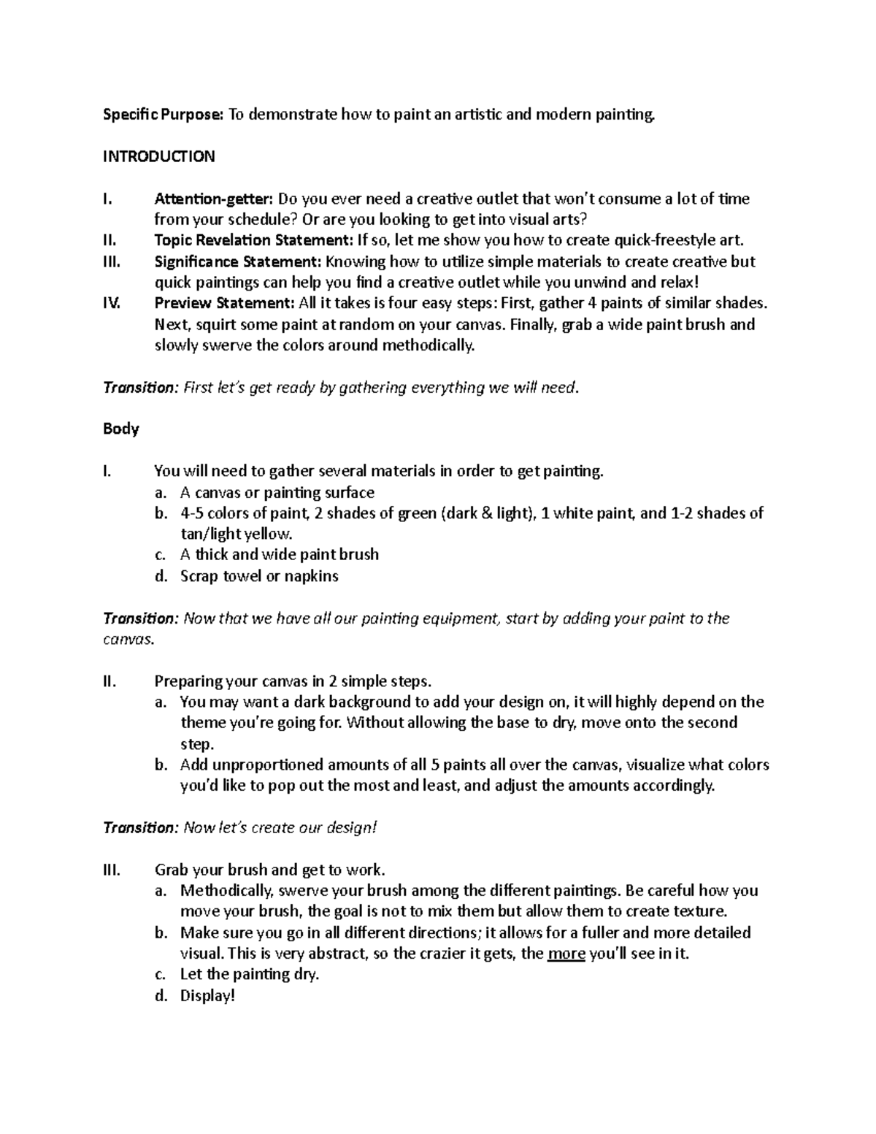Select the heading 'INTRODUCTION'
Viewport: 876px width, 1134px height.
tap(158, 156)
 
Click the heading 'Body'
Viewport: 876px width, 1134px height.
tap(120, 429)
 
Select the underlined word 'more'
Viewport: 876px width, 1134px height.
tap(566, 954)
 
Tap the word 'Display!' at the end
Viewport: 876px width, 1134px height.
tap(207, 995)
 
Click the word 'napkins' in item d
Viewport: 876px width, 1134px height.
tap(312, 576)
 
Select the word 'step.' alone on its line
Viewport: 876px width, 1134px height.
tap(196, 744)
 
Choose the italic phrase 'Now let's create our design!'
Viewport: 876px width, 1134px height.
tap(280, 827)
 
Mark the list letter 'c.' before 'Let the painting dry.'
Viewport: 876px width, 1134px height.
tap(161, 974)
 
